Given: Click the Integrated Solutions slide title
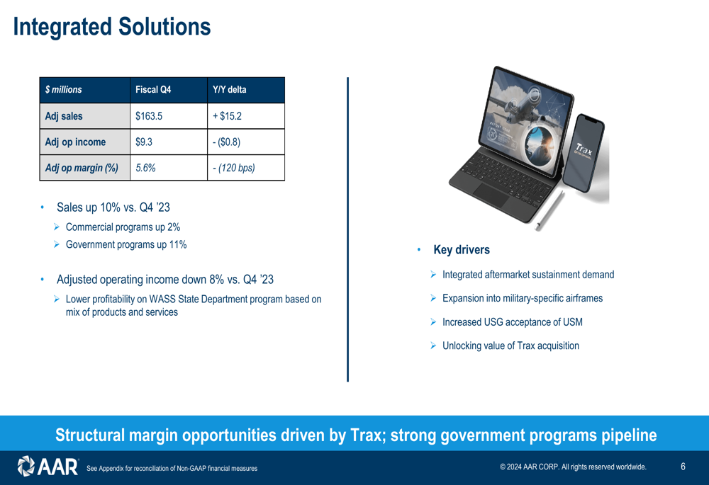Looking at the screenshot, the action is click(112, 27).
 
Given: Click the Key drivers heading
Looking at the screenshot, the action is click(462, 250).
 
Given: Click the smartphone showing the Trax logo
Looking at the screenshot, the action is click(584, 153).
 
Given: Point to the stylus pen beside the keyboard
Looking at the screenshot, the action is click(549, 211).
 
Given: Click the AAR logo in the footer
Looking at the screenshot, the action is click(48, 467).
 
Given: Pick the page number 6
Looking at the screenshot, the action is click(683, 467).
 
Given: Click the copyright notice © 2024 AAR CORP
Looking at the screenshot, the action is click(573, 467).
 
